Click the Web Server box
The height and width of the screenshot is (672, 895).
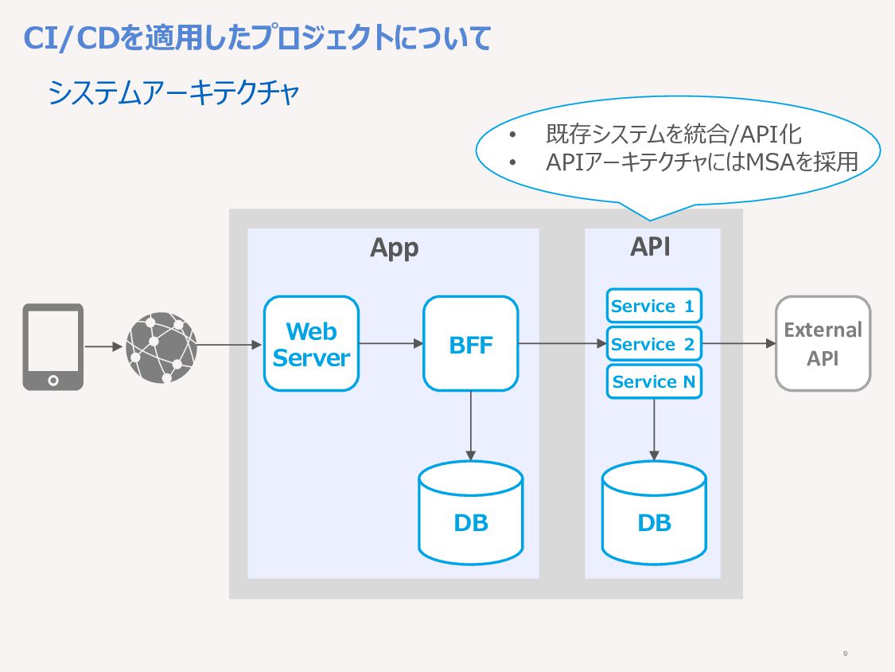tap(311, 343)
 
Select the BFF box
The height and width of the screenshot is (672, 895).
tap(471, 343)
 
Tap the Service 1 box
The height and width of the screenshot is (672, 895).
tap(654, 306)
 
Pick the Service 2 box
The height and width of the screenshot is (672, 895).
tap(654, 343)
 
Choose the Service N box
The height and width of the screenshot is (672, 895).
tap(654, 381)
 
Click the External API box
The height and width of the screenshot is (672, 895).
tap(823, 343)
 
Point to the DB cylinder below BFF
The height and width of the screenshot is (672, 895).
tap(471, 513)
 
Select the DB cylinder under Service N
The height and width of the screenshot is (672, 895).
tap(654, 513)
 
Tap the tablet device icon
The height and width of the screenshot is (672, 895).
tap(53, 347)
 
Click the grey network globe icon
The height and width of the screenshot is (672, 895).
tap(161, 347)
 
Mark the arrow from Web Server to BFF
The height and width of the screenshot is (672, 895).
tap(391, 343)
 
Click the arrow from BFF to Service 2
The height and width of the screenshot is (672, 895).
tap(562, 343)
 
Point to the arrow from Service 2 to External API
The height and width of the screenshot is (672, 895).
tap(738, 343)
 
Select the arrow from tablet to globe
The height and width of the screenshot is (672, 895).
tap(104, 346)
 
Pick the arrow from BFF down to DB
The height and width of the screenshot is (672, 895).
tap(471, 426)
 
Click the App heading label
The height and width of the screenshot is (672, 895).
tap(395, 248)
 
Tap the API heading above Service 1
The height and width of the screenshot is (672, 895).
tap(651, 247)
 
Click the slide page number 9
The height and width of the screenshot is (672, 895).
tap(846, 654)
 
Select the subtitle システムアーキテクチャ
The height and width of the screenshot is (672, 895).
tap(173, 92)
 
